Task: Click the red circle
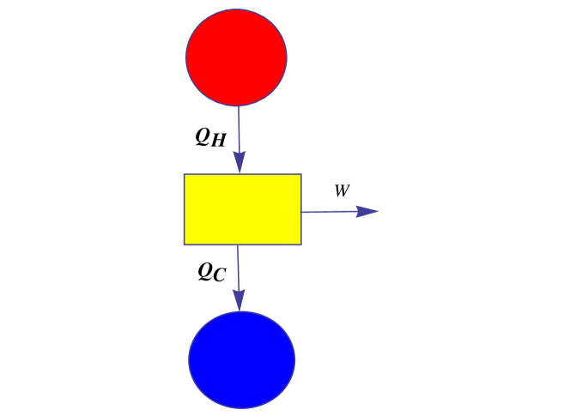pyautogui.click(x=236, y=57)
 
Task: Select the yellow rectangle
pyautogui.click(x=242, y=209)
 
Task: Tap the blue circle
pyautogui.click(x=241, y=359)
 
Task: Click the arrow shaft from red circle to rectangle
pyautogui.click(x=239, y=129)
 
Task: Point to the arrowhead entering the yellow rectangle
pyautogui.click(x=239, y=163)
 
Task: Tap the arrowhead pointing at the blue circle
pyautogui.click(x=239, y=300)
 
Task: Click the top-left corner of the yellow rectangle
pyautogui.click(x=184, y=174)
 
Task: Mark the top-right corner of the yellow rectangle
pyautogui.click(x=301, y=174)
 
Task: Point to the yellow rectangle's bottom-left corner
pyautogui.click(x=184, y=245)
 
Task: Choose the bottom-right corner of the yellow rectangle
pyautogui.click(x=301, y=245)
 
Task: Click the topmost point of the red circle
pyautogui.click(x=236, y=9)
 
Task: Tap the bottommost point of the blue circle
pyautogui.click(x=241, y=408)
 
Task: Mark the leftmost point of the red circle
pyautogui.click(x=186, y=57)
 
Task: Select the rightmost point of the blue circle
pyautogui.click(x=295, y=359)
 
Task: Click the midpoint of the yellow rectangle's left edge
pyautogui.click(x=184, y=209)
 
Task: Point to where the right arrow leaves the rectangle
pyautogui.click(x=301, y=212)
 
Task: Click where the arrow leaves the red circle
pyautogui.click(x=238, y=106)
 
